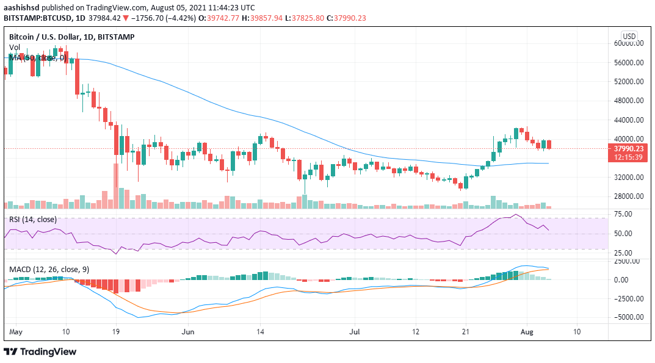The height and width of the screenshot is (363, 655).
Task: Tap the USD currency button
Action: point(629,35)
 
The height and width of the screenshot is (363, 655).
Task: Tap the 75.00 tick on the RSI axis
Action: point(623,214)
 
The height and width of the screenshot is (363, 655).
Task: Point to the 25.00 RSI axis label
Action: point(623,253)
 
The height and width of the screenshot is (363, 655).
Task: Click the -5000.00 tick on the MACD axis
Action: point(627,317)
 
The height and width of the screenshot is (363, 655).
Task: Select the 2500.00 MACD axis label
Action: point(627,261)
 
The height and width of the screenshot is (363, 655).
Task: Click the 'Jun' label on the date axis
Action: point(189,332)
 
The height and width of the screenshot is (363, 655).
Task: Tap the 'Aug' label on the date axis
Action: point(526,332)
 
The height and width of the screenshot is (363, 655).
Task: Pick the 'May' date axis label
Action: point(16,332)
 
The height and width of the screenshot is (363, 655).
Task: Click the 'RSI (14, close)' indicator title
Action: point(32,220)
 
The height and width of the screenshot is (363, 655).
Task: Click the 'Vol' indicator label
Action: point(14,48)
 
